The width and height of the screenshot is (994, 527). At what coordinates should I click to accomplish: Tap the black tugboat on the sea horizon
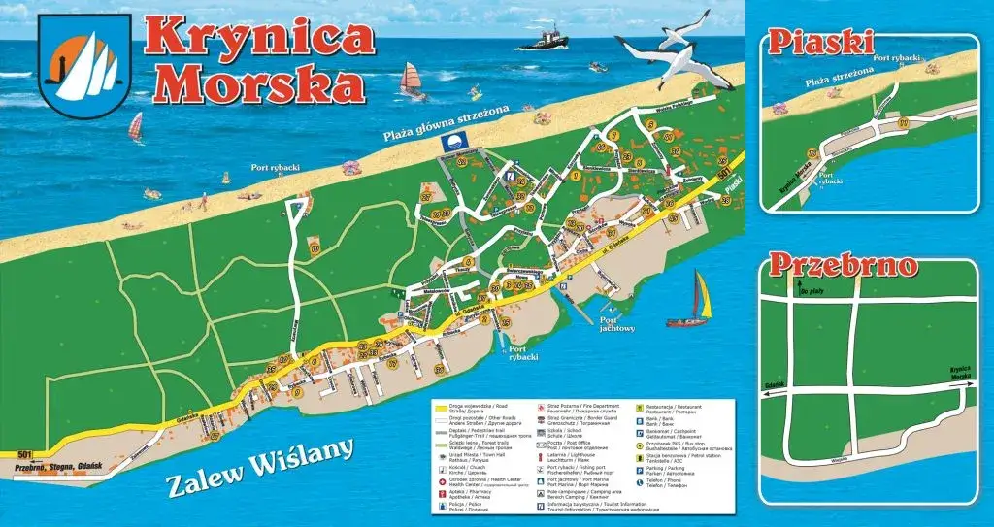543,40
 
